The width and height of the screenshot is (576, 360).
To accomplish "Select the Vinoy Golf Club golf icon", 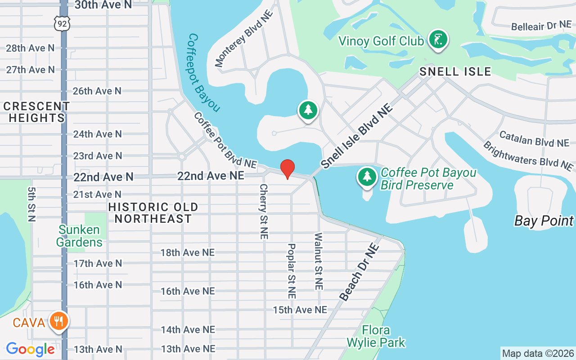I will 437,40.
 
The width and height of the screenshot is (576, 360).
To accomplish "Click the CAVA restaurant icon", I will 59,321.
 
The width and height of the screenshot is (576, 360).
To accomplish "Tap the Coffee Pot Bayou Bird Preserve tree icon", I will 367,176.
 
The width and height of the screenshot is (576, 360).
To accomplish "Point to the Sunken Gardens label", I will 80,236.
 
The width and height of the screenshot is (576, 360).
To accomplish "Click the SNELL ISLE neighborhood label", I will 455,72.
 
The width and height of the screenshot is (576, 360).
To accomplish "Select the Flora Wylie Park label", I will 376,337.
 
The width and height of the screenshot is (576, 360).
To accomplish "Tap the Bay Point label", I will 544,221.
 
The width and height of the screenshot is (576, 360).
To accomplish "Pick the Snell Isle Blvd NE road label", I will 357,135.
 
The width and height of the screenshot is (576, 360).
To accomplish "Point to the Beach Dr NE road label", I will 359,272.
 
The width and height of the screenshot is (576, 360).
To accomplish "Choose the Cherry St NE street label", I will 264,211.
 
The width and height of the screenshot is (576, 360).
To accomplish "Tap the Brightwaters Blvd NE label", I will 528,156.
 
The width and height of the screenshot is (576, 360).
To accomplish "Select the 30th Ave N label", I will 103,5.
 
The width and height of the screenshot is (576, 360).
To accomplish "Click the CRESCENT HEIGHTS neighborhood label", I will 36,112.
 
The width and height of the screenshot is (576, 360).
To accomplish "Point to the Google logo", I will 30,349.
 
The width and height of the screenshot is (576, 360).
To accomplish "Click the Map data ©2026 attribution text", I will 538,353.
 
